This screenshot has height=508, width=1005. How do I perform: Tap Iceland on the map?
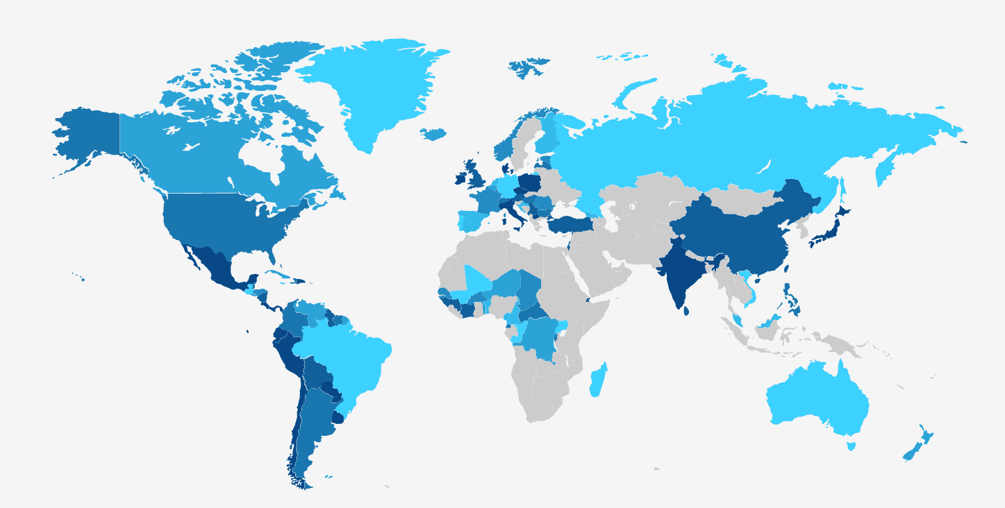click(434, 134)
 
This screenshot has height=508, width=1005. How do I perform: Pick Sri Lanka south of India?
click(686, 310)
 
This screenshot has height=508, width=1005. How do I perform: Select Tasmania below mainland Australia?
click(851, 446)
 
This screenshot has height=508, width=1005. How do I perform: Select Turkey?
click(570, 223)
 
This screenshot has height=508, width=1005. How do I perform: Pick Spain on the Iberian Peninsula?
click(472, 221)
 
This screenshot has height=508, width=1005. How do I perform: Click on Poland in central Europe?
click(530, 183)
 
